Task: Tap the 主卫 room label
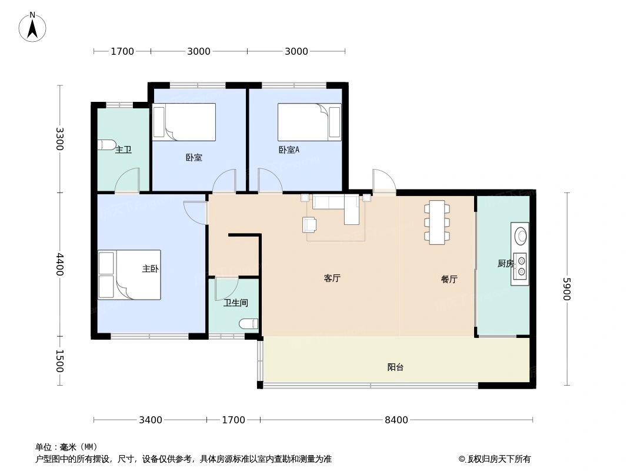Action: [123, 150]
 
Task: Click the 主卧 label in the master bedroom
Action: [150, 268]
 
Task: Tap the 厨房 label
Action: [505, 264]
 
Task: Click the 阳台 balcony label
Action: [395, 367]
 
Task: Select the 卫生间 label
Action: [235, 303]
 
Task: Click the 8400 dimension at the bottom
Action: [396, 420]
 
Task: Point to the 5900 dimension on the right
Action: [566, 288]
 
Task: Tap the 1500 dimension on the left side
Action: [59, 361]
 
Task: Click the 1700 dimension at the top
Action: [122, 51]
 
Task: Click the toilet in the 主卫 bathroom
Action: [106, 144]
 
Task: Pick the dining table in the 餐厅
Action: [437, 222]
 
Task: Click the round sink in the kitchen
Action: [521, 235]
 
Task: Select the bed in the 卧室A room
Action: [309, 122]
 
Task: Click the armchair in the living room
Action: [309, 224]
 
